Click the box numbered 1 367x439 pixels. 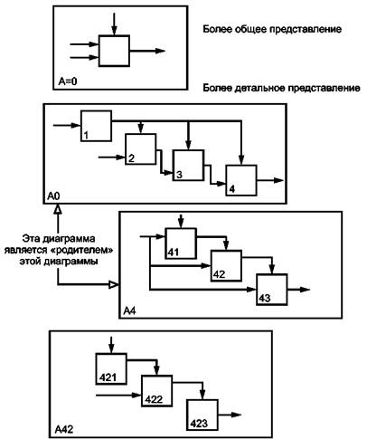click(x=96, y=126)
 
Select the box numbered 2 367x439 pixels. click(x=141, y=149)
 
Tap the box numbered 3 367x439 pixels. click(x=188, y=166)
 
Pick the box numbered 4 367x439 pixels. click(x=241, y=180)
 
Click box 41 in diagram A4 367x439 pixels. click(x=181, y=243)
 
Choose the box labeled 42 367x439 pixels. click(x=226, y=266)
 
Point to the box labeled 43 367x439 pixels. click(x=272, y=290)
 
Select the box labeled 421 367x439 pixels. click(x=111, y=368)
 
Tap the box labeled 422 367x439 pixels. click(x=157, y=391)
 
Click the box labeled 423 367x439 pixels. click(x=202, y=415)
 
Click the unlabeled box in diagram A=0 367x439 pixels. click(x=114, y=51)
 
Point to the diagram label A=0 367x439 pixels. click(x=68, y=81)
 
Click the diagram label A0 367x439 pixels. click(x=53, y=196)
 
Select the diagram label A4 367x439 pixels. click(x=129, y=310)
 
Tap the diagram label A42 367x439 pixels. click(x=64, y=429)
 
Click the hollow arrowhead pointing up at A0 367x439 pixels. click(x=58, y=209)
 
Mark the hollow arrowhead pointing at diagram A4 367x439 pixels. click(x=114, y=284)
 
